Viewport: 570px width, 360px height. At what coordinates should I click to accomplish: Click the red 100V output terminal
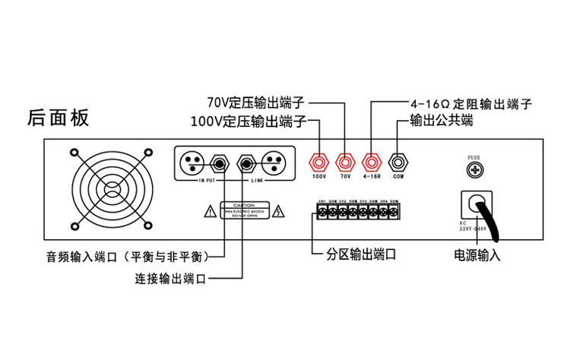pos(319,162)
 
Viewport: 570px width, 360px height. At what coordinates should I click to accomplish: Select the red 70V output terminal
pos(346,162)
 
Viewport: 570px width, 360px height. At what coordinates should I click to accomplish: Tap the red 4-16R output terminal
pos(372,162)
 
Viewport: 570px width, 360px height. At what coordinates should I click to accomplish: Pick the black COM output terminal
pos(397,162)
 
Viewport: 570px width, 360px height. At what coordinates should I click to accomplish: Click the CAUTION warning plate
pos(242,210)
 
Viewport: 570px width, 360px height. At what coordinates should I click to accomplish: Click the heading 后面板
pos(58,118)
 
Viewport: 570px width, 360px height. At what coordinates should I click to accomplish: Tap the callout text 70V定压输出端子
pos(256,102)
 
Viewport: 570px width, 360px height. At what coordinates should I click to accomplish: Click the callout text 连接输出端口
pos(170,279)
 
